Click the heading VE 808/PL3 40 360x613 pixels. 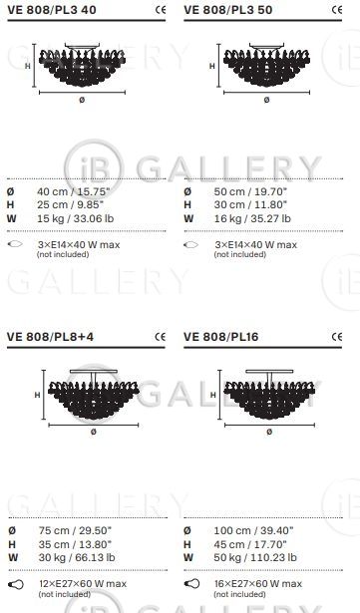(52, 10)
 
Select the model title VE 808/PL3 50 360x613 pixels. (228, 10)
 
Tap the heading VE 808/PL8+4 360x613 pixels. (51, 337)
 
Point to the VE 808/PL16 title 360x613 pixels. (221, 337)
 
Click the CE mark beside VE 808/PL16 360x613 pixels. (336, 337)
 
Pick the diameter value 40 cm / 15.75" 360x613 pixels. (74, 192)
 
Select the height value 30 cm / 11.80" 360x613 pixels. (250, 205)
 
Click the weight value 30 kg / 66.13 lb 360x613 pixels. (77, 557)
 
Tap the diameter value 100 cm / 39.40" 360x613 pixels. (253, 530)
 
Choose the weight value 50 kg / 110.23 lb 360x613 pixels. (255, 557)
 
